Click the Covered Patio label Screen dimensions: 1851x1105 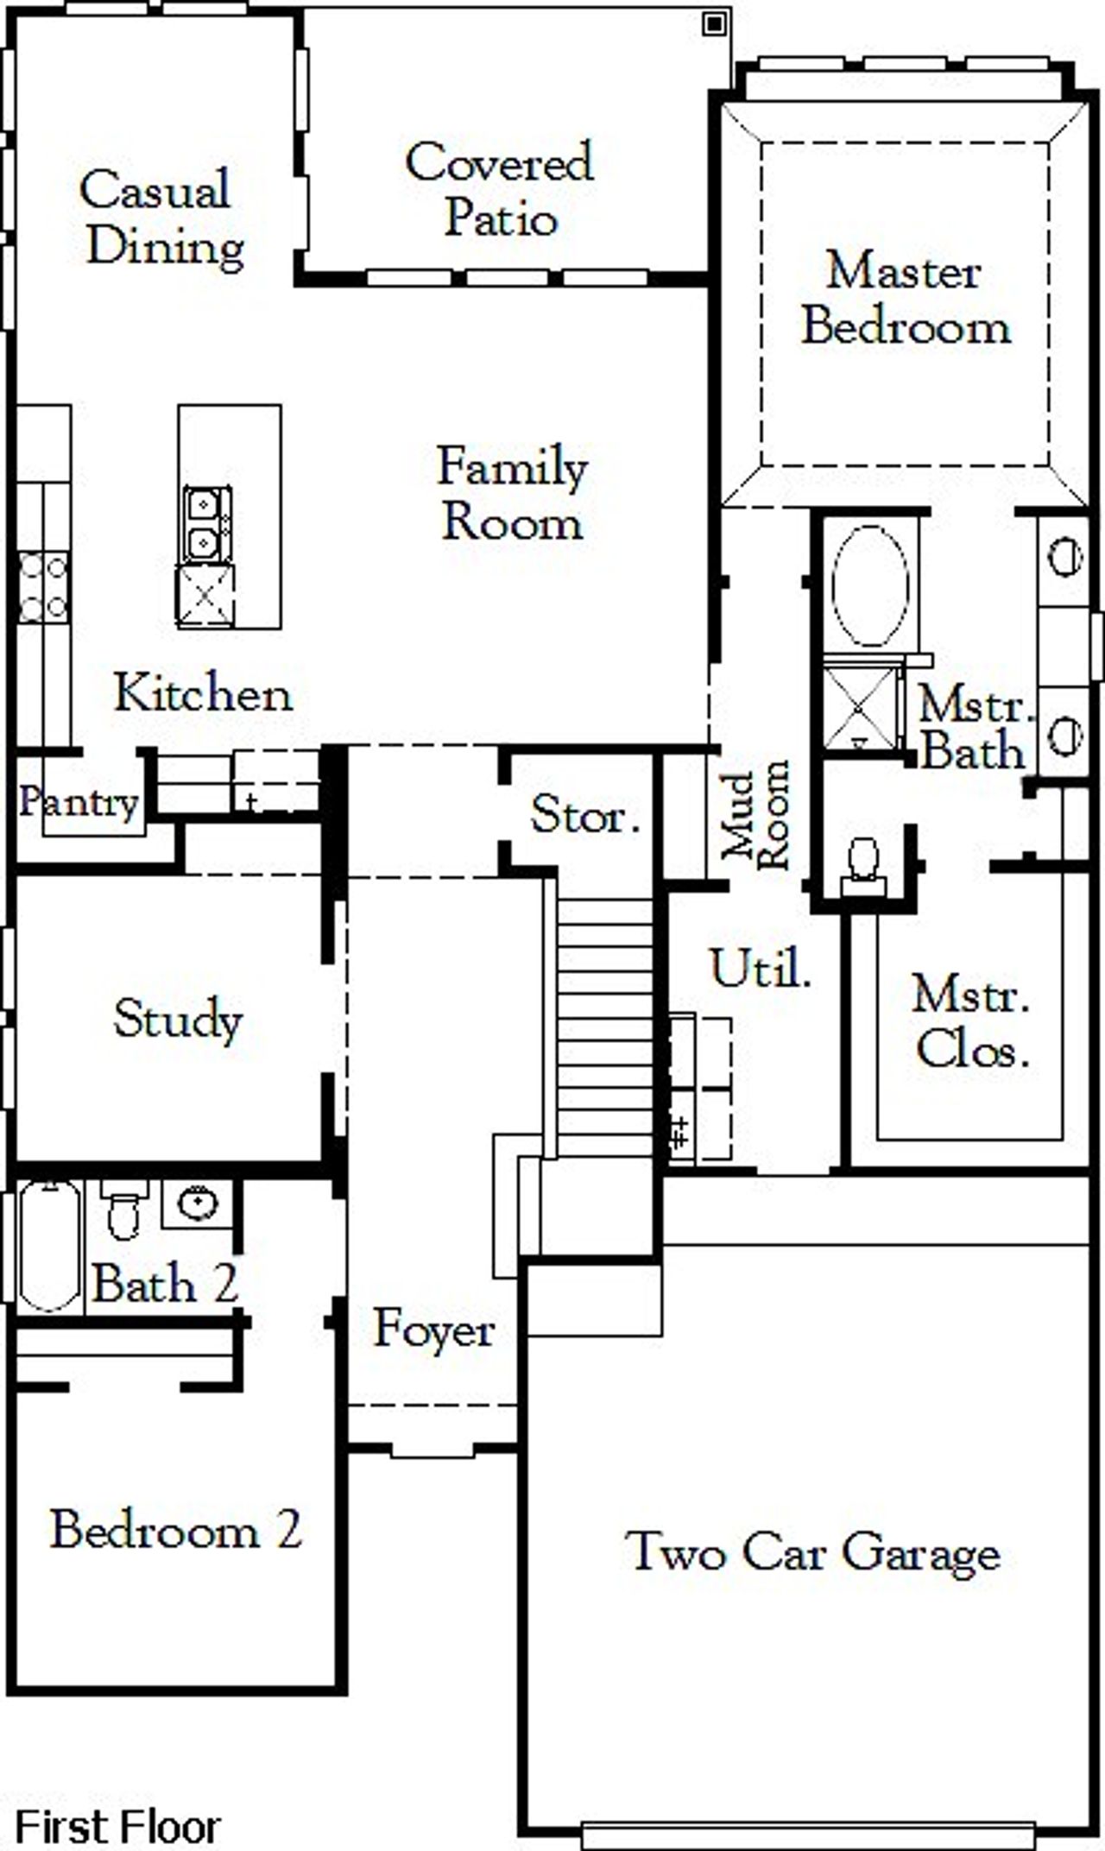(x=499, y=189)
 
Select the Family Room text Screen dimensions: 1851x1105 (x=512, y=494)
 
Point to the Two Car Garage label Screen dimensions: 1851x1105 (x=812, y=1551)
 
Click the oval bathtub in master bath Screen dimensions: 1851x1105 (x=869, y=585)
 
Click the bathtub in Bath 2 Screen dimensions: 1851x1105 (x=49, y=1246)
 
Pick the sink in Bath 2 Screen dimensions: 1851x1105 (x=198, y=1203)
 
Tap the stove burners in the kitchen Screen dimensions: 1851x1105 (x=43, y=587)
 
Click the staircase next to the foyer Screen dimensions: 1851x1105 (x=603, y=1027)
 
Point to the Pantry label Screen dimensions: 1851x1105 (x=79, y=802)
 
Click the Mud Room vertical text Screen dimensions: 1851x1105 (x=756, y=813)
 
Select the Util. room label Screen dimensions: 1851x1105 (x=761, y=969)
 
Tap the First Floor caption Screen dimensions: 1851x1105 (x=117, y=1827)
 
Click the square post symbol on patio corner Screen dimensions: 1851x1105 (x=713, y=24)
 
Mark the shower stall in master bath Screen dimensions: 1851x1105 (x=861, y=707)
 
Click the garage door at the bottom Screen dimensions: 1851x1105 (x=807, y=1835)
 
